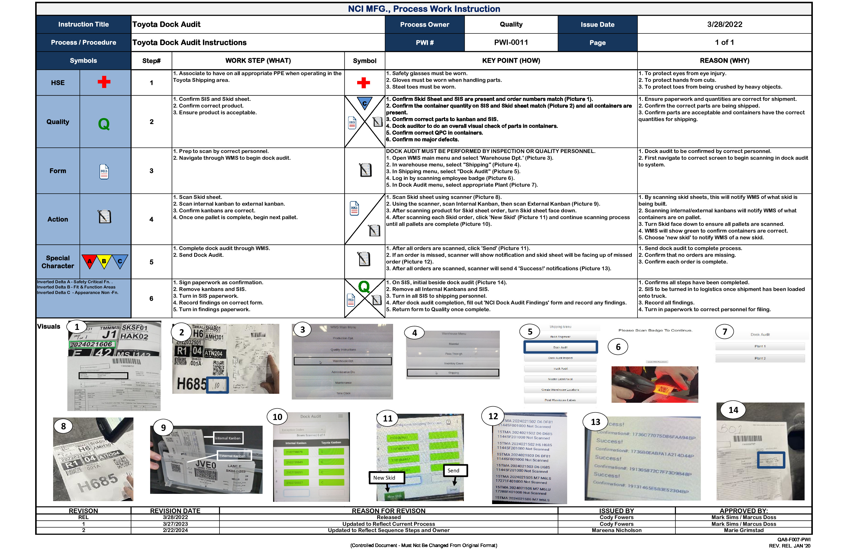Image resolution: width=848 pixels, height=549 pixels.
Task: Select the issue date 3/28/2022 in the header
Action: point(724,24)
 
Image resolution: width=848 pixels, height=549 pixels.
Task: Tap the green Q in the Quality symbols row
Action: point(104,124)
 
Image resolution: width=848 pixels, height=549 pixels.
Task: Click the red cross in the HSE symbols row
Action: point(104,82)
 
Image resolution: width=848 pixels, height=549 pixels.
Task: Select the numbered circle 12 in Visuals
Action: point(493,416)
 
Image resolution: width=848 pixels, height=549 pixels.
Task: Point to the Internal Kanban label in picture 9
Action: point(228,438)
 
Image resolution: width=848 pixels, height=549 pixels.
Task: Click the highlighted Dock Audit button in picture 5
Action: point(560,347)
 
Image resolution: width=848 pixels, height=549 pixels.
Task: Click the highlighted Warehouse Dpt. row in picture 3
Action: point(342,361)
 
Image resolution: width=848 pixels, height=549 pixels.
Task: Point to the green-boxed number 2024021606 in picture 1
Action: point(91,344)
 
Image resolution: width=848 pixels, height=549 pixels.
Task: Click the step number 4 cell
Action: point(151,219)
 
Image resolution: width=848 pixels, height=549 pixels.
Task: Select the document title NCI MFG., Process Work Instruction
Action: point(424,9)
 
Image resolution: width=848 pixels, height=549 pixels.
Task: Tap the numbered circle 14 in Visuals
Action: point(733,410)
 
